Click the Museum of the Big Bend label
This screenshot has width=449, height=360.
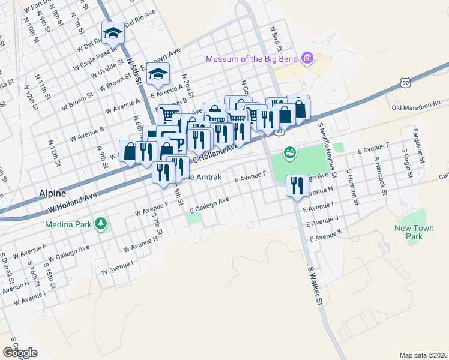252,58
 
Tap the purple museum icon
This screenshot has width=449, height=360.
308,58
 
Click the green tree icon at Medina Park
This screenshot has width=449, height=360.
101,224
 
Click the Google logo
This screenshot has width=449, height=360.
20,353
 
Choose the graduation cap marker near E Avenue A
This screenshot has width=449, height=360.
158,74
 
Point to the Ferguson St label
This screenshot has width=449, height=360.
418,146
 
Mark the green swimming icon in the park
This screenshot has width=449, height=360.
290,153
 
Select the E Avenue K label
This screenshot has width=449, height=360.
327,235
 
